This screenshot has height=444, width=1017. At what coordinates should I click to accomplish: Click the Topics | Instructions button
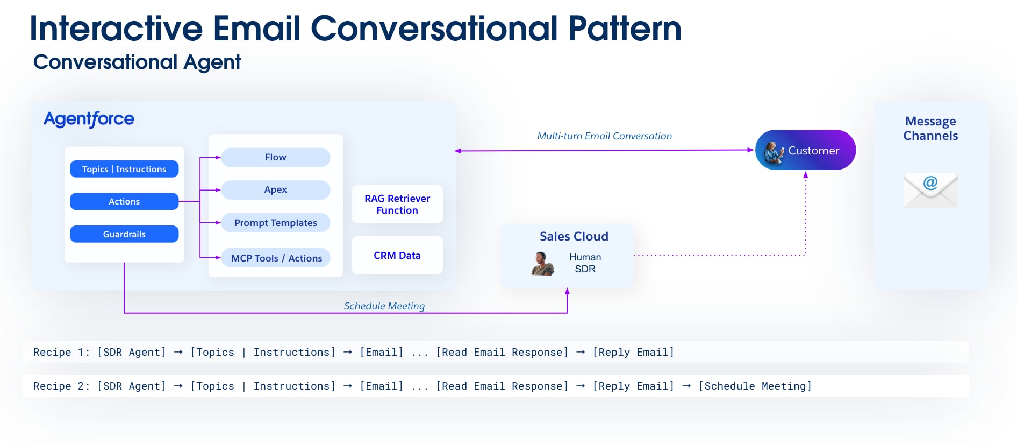pyautogui.click(x=124, y=169)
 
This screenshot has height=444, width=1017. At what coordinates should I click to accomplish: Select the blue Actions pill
pyautogui.click(x=124, y=201)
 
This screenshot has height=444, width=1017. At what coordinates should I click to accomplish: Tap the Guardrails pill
pyautogui.click(x=124, y=234)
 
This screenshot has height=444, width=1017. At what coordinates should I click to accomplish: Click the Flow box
pyautogui.click(x=275, y=157)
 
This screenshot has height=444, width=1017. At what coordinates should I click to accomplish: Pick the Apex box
pyautogui.click(x=275, y=189)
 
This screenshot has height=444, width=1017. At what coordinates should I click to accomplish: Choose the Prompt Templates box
pyautogui.click(x=275, y=223)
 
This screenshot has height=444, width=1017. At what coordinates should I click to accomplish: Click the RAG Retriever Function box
pyautogui.click(x=397, y=205)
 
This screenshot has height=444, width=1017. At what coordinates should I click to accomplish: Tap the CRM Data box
pyautogui.click(x=397, y=256)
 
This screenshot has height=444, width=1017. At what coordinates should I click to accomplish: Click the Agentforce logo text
pyautogui.click(x=89, y=119)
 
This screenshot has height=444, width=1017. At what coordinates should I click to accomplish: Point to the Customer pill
pyautogui.click(x=805, y=150)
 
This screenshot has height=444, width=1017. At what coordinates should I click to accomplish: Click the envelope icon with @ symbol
pyautogui.click(x=930, y=190)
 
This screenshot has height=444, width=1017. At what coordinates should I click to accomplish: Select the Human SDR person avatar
pyautogui.click(x=542, y=264)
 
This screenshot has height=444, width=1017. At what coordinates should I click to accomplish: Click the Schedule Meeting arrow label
pyautogui.click(x=384, y=306)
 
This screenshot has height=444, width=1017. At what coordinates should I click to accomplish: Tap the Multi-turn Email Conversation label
pyautogui.click(x=604, y=136)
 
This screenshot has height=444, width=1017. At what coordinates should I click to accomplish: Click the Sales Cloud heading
pyautogui.click(x=574, y=236)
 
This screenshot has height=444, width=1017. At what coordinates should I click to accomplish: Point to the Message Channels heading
pyautogui.click(x=930, y=129)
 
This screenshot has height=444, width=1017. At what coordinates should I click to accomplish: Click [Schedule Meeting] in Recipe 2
pyautogui.click(x=755, y=386)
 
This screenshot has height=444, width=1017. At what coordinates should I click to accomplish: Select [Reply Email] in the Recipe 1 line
pyautogui.click(x=633, y=352)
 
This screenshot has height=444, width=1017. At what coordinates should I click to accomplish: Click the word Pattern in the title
pyautogui.click(x=625, y=28)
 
